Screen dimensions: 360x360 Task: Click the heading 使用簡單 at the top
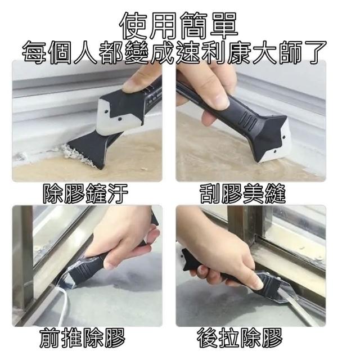[179, 26]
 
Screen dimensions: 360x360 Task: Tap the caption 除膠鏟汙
[85, 193]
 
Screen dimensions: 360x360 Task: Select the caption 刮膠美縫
[242, 193]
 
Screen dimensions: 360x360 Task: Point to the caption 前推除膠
[82, 337]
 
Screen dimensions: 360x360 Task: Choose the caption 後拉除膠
[240, 337]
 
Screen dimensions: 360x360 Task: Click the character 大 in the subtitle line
[264, 52]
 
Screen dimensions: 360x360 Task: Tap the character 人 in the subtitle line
[85, 52]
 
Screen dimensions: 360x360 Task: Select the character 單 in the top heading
[224, 26]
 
